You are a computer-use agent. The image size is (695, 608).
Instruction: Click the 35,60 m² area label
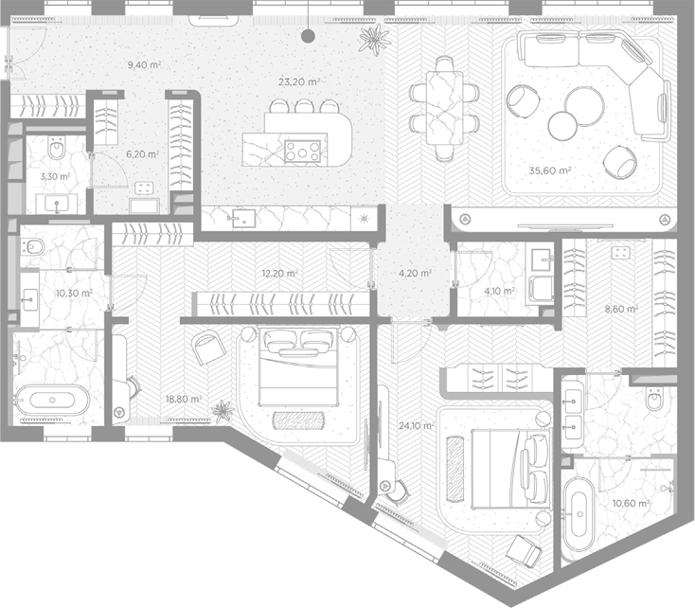click(x=549, y=170)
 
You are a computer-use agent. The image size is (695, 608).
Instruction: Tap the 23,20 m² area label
click(x=299, y=81)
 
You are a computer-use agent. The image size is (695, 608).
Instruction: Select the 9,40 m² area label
click(x=144, y=64)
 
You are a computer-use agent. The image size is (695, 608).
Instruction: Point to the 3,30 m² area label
click(x=56, y=176)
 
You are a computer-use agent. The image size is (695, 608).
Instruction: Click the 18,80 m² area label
click(x=184, y=399)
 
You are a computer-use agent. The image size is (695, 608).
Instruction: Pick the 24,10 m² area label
click(x=417, y=426)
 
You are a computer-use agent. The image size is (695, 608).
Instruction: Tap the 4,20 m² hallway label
click(x=415, y=273)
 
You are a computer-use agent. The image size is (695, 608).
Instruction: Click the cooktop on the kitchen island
click(x=302, y=151)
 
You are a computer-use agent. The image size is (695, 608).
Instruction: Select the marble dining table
click(x=445, y=108)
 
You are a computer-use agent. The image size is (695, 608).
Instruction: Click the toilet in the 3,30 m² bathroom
click(x=57, y=148)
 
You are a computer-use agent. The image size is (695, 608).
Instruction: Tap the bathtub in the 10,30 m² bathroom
click(x=52, y=400)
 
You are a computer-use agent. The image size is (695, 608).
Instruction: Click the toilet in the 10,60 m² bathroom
click(x=654, y=399)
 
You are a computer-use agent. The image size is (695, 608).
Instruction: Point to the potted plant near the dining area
click(x=375, y=37)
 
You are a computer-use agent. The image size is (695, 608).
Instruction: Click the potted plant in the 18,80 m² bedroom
click(x=223, y=411)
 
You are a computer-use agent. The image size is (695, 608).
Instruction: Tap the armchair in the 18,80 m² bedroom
click(x=208, y=348)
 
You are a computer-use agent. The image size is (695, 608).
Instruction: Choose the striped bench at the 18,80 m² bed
click(x=298, y=420)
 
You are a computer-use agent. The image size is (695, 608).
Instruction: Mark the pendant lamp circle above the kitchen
click(x=308, y=36)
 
